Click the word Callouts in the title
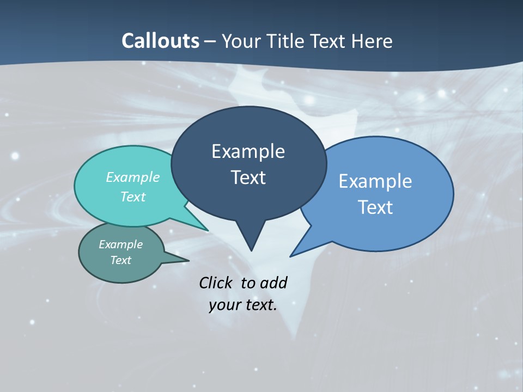[x=160, y=41]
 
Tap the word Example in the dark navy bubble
[x=248, y=151]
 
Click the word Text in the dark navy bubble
[x=248, y=177]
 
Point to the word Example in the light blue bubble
[x=375, y=181]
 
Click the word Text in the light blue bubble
[x=375, y=207]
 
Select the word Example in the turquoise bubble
[x=133, y=177]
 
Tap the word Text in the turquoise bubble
[x=133, y=197]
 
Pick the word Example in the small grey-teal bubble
[x=120, y=244]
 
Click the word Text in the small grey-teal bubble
[x=120, y=260]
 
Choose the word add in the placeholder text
[x=273, y=283]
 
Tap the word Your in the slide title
[x=240, y=41]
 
